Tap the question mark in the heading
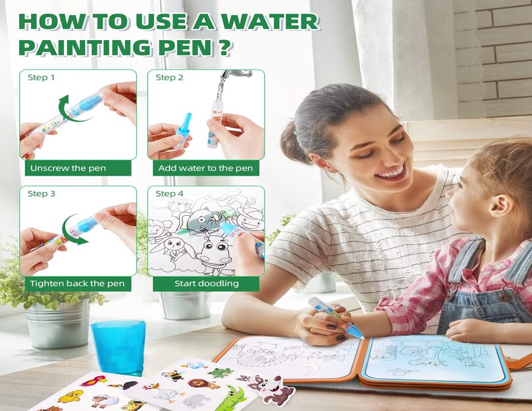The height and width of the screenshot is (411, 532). (223, 47)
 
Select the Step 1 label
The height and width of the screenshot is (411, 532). (41, 78)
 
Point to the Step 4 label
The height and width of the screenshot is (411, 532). (169, 193)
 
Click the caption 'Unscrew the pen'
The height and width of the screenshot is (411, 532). (68, 168)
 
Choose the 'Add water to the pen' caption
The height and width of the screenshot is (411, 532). (205, 168)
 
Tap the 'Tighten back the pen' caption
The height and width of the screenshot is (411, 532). (77, 283)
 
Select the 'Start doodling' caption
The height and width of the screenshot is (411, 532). (206, 283)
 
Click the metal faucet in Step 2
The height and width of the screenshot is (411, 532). (236, 74)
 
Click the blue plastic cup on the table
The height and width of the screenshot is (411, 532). (119, 347)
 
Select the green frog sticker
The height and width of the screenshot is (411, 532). (220, 373)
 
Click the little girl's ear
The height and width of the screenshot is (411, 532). (502, 206)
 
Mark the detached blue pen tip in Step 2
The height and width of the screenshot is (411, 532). (185, 132)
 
